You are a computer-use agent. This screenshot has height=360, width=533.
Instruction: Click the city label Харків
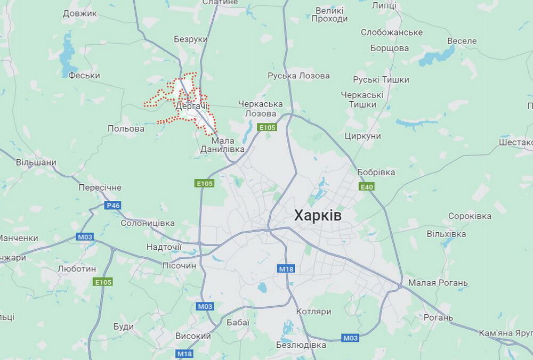[x=318, y=216]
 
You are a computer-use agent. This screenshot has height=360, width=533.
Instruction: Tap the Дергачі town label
[x=191, y=107]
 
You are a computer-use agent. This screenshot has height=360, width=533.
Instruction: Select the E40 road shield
[x=367, y=187]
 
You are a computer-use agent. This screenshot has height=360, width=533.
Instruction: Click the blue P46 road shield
[x=113, y=206]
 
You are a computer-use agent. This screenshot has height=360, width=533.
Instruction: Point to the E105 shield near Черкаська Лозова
[x=267, y=127]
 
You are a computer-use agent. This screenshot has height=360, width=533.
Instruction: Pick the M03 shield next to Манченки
[x=85, y=237]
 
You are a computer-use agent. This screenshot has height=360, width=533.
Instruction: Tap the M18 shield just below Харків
[x=286, y=269]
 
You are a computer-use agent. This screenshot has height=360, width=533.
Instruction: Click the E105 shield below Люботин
[x=102, y=282]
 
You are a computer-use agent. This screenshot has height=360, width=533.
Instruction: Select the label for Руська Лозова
[x=298, y=76]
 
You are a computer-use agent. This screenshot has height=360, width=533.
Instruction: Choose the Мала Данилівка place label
[x=222, y=145]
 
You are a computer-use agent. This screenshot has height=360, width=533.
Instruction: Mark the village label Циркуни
[x=362, y=136]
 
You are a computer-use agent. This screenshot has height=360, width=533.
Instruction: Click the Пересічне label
[x=100, y=187]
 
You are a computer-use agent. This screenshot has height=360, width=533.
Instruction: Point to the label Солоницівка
[x=148, y=223]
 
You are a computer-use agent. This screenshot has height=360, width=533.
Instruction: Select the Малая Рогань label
[x=438, y=283]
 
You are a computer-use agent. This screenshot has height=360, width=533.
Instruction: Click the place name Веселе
[x=462, y=41]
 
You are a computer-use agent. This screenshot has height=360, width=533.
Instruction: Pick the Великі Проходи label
[x=331, y=14]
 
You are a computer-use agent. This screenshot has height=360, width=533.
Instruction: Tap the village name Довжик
[x=80, y=13]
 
